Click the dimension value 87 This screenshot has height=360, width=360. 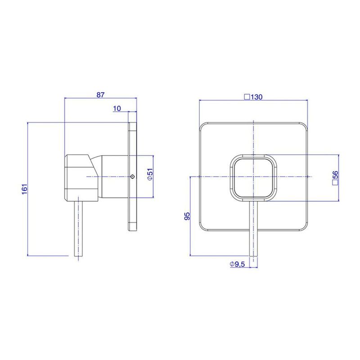[x=100, y=94]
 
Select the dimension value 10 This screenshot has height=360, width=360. [x=117, y=108]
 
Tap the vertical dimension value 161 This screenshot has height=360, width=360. [x=24, y=189]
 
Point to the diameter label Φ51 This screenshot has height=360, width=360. [x=150, y=174]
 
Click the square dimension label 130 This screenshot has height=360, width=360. [x=253, y=97]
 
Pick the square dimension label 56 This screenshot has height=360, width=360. [x=335, y=178]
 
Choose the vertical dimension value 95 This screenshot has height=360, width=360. [x=187, y=216]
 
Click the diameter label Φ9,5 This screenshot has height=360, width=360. [x=238, y=264]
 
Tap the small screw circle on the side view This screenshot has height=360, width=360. [x=132, y=176]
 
